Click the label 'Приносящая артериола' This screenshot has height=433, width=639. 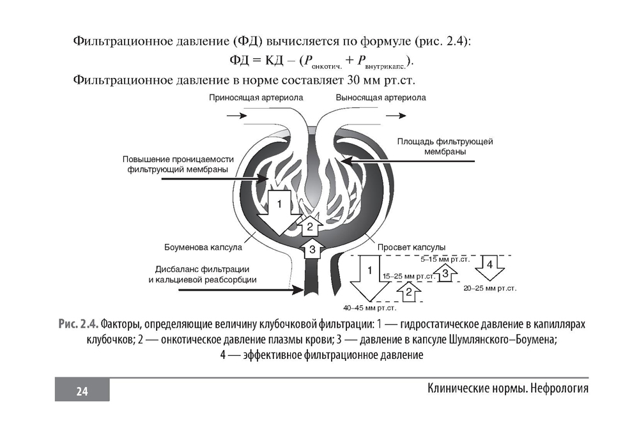(x=256, y=98)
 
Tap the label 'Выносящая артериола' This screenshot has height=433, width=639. (x=381, y=98)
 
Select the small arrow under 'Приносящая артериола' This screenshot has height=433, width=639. (x=237, y=116)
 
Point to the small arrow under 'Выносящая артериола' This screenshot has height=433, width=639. (x=396, y=116)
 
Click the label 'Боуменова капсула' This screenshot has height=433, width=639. (x=203, y=247)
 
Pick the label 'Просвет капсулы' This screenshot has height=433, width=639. (x=411, y=247)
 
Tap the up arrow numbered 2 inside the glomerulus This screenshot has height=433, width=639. (x=310, y=226)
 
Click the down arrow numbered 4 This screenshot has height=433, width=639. (x=490, y=267)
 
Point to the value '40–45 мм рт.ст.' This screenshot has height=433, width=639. (x=369, y=308)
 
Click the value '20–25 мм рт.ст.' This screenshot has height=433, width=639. (x=490, y=289)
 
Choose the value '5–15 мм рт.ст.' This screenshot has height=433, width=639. (x=445, y=259)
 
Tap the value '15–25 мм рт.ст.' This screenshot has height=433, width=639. (x=408, y=277)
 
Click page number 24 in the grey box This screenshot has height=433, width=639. (x=82, y=391)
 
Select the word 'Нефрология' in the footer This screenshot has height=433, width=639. (x=560, y=388)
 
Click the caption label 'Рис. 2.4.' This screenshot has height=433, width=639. (x=79, y=324)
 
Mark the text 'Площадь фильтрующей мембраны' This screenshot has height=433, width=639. (x=445, y=147)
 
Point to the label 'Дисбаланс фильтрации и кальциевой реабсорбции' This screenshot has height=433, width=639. (x=203, y=275)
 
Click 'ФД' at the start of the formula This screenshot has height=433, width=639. (x=239, y=60)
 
